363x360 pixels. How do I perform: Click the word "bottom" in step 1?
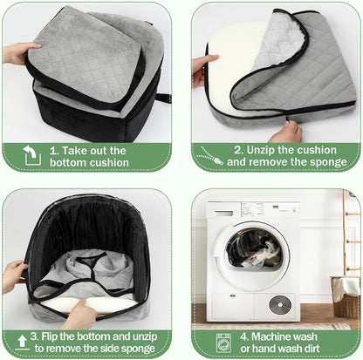[70, 163]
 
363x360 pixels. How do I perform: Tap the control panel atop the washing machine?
[253, 212]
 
